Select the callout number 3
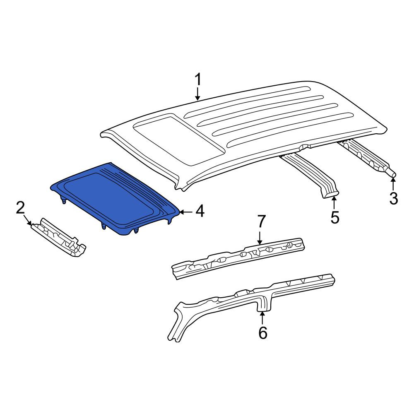click(x=393, y=198)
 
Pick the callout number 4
click(x=200, y=212)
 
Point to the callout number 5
click(x=335, y=218)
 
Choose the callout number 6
click(x=262, y=333)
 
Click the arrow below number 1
click(x=198, y=94)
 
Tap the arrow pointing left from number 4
click(x=186, y=212)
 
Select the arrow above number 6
click(x=262, y=318)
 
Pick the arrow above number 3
click(x=393, y=184)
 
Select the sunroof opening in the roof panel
click(x=179, y=140)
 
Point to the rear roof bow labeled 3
click(x=367, y=157)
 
